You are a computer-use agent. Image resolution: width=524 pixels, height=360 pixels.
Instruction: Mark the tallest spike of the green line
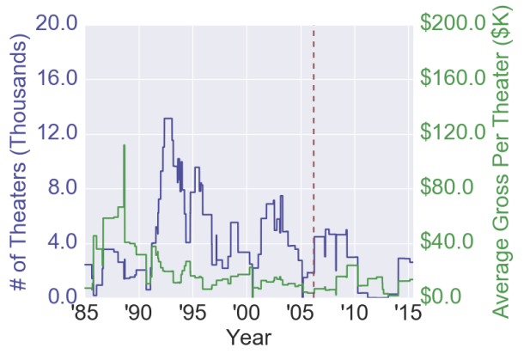[x=124, y=146]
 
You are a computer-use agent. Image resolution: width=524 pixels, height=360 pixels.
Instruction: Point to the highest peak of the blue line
[x=168, y=119]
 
